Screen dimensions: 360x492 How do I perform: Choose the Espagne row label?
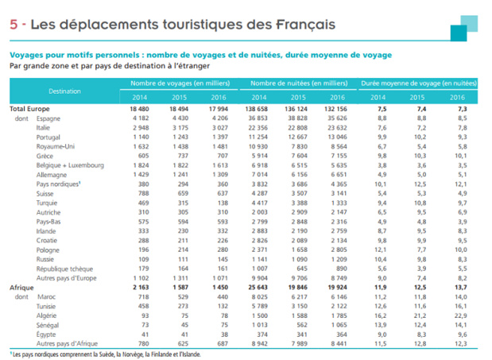[50, 118]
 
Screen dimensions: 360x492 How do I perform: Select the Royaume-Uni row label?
[56, 145]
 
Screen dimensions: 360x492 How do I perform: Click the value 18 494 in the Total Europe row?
[180, 108]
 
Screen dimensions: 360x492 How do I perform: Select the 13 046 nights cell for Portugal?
[338, 137]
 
